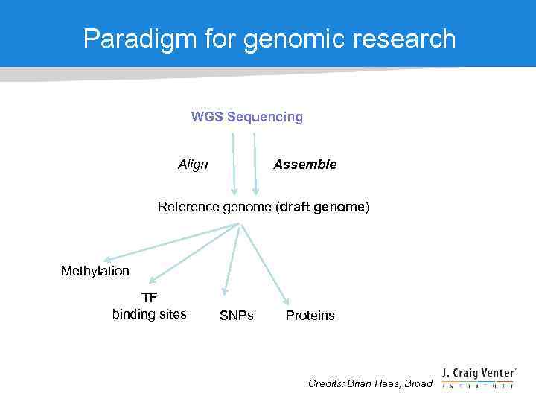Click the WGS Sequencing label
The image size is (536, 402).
tap(247, 117)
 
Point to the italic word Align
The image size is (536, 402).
tap(193, 165)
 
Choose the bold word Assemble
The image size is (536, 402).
tap(304, 165)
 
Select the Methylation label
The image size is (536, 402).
tap(95, 271)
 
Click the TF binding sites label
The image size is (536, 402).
tap(150, 307)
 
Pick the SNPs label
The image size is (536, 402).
tap(237, 316)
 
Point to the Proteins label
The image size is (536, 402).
tap(310, 316)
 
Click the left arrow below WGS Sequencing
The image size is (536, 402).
tap(233, 164)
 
